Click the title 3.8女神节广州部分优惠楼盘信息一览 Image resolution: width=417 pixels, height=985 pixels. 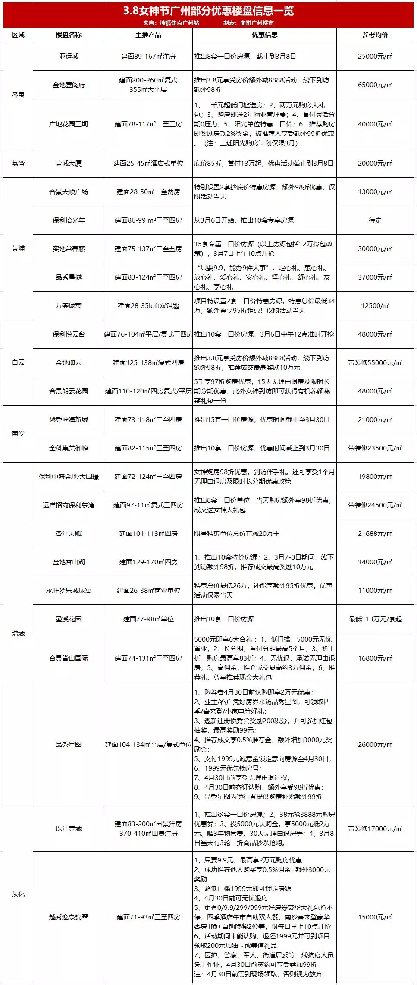click(x=208, y=10)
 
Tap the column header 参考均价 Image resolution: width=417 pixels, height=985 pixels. click(x=375, y=35)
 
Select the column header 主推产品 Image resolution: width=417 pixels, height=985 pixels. click(x=148, y=35)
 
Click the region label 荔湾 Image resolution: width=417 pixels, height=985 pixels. click(x=18, y=164)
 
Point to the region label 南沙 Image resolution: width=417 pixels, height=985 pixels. click(x=18, y=434)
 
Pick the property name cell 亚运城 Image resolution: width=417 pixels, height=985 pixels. click(x=69, y=57)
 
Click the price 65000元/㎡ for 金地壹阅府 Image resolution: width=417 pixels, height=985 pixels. click(x=375, y=85)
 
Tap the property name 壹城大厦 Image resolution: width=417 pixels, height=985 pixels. click(x=69, y=164)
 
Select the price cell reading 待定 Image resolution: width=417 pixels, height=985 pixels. click(x=375, y=220)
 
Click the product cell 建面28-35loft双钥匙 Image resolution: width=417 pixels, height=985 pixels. click(x=148, y=306)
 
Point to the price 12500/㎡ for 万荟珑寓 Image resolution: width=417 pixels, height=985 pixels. click(x=375, y=306)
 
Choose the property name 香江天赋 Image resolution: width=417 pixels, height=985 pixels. click(x=69, y=534)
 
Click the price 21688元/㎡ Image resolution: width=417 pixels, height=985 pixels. click(x=375, y=534)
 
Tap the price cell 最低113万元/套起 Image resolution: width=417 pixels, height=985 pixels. click(x=375, y=619)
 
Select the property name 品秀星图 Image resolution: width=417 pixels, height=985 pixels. click(x=69, y=744)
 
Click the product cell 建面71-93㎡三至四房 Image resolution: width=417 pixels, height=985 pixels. click(x=148, y=917)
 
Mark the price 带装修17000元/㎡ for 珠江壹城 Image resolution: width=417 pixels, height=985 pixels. click(x=375, y=829)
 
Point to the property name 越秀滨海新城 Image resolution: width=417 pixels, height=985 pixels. click(x=69, y=420)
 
